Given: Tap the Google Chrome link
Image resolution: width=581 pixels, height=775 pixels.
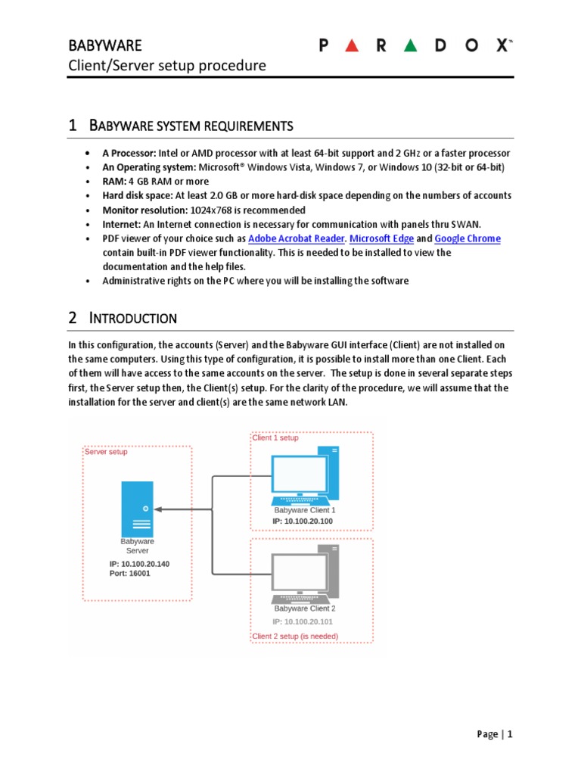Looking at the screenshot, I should [468, 238].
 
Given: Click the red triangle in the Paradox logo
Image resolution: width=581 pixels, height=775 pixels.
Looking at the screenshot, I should [350, 45].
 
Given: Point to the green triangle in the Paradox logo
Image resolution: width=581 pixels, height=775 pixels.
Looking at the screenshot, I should [410, 45].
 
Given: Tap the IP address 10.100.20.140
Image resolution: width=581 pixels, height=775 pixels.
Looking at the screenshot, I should [139, 564].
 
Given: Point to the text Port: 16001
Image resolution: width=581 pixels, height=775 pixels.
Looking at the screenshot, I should [130, 574].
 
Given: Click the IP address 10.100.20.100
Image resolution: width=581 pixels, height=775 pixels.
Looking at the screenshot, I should [303, 521].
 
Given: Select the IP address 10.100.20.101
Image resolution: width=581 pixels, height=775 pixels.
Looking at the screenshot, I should [303, 621].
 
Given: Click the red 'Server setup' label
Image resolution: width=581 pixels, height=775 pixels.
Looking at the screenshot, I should [106, 452].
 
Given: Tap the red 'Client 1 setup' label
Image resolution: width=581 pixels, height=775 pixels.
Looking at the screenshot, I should [275, 437].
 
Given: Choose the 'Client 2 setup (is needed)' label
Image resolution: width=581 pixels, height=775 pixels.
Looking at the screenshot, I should [295, 636].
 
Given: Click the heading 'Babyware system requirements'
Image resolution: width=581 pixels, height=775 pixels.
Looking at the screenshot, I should [190, 125].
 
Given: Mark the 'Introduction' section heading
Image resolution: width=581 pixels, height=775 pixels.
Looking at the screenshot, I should [132, 318].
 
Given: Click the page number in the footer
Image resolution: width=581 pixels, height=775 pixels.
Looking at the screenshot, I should [510, 734].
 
